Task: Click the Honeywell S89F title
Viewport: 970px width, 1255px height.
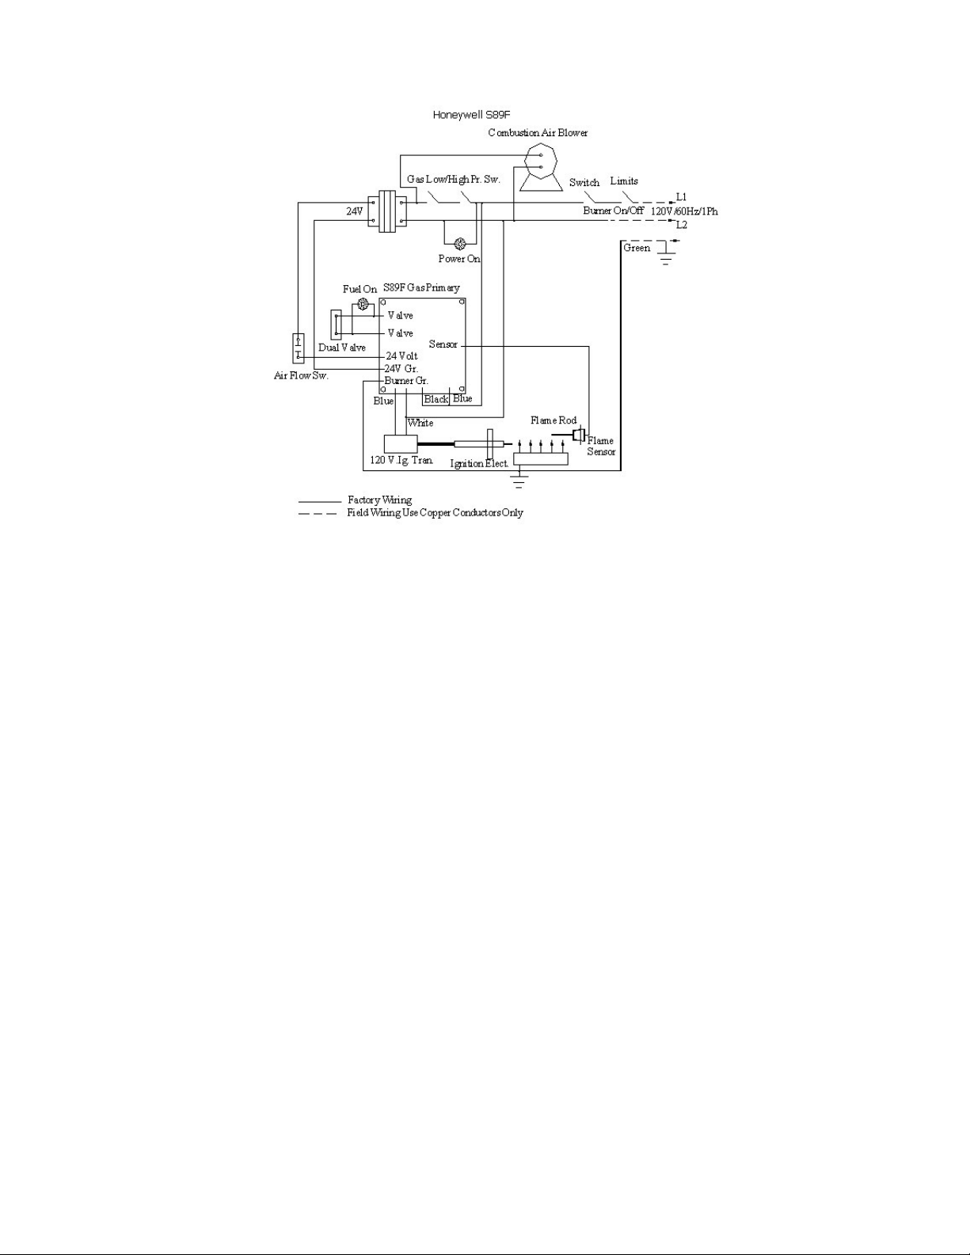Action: [472, 115]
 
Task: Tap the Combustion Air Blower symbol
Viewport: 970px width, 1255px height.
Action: [541, 168]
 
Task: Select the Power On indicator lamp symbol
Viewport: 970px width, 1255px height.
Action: [461, 244]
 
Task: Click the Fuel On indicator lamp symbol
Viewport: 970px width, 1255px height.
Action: [363, 304]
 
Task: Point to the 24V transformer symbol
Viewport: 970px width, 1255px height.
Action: [387, 211]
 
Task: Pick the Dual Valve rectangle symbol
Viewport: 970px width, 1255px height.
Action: [336, 325]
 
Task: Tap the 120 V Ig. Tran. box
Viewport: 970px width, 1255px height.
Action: [401, 443]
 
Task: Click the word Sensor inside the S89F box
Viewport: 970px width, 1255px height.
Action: [443, 344]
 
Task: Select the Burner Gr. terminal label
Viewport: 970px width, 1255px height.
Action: [406, 381]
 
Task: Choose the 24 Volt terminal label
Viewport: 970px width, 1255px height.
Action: [402, 356]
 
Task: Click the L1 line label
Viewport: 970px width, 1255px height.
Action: [681, 197]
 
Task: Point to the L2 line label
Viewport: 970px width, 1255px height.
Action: [681, 225]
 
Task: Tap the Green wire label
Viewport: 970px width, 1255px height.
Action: [637, 248]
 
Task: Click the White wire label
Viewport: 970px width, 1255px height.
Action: [420, 423]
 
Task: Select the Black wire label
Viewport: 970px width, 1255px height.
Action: [436, 399]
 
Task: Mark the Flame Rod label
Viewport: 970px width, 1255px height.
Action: [553, 420]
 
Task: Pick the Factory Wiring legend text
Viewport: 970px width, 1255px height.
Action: [379, 500]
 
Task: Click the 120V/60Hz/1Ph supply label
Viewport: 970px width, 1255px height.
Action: [685, 211]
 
